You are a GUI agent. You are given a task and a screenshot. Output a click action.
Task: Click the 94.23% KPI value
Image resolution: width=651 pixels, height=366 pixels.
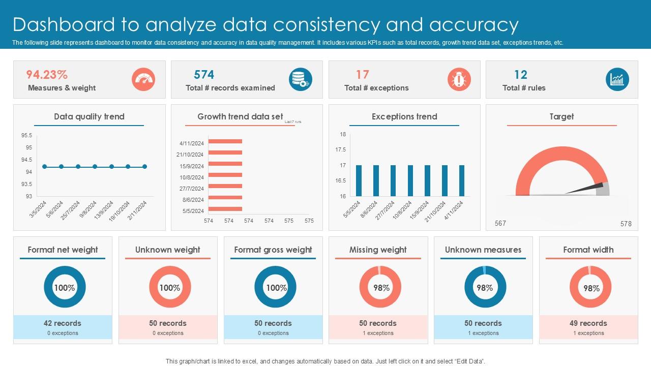pyautogui.click(x=47, y=75)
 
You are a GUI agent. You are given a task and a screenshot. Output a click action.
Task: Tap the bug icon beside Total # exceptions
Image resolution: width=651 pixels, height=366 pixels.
pyautogui.click(x=459, y=80)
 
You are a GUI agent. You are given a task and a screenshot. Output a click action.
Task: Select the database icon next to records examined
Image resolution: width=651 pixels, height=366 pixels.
pyautogui.click(x=301, y=80)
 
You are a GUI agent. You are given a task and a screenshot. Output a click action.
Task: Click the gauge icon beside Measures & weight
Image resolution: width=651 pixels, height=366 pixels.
pyautogui.click(x=143, y=80)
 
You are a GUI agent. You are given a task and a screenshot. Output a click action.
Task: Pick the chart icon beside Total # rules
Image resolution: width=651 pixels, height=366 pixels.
pyautogui.click(x=617, y=80)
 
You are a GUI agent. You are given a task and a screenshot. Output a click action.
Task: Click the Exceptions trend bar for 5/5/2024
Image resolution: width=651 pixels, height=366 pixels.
pyautogui.click(x=359, y=180)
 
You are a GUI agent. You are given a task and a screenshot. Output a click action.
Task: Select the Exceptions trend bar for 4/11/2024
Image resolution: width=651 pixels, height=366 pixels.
pyautogui.click(x=462, y=180)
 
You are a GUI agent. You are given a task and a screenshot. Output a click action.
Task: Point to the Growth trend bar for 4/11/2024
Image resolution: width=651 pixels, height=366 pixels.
pyautogui.click(x=225, y=142)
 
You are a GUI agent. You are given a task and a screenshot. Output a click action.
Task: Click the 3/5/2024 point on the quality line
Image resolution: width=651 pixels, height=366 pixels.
pyautogui.click(x=45, y=166)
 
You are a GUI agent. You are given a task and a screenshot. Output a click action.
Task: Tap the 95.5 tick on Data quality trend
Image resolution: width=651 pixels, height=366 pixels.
pyautogui.click(x=27, y=136)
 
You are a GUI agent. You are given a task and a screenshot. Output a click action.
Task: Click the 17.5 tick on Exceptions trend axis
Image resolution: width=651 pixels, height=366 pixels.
pyautogui.click(x=340, y=150)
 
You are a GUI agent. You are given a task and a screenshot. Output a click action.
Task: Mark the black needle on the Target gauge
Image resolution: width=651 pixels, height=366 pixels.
pyautogui.click(x=585, y=189)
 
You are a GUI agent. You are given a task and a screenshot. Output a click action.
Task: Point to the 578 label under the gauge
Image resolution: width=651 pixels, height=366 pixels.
pyautogui.click(x=626, y=224)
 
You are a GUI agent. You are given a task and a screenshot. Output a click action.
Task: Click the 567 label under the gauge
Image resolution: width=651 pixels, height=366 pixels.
pyautogui.click(x=500, y=224)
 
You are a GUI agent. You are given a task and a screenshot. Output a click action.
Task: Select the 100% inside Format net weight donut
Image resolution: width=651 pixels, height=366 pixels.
pyautogui.click(x=65, y=288)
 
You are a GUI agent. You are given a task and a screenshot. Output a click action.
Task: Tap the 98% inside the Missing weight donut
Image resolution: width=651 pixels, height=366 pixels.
pyautogui.click(x=381, y=288)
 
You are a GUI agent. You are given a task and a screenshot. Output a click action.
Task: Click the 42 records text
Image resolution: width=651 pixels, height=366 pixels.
pyautogui.click(x=63, y=323)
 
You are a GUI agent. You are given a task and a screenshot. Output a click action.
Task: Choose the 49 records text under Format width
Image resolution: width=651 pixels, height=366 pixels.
pyautogui.click(x=589, y=323)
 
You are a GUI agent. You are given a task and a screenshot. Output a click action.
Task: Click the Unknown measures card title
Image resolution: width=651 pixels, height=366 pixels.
pyautogui.click(x=483, y=250)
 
